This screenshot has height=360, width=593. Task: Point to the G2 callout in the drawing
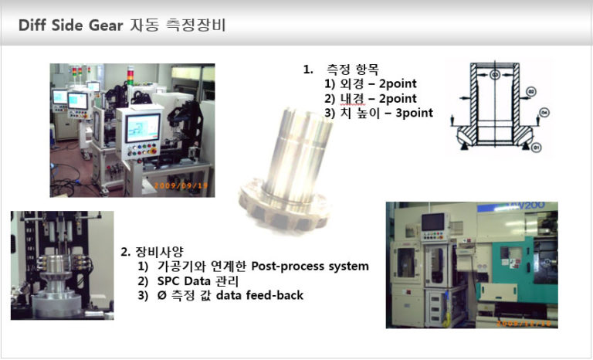point(531,91)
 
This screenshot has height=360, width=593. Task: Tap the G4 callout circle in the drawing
point(544,113)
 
